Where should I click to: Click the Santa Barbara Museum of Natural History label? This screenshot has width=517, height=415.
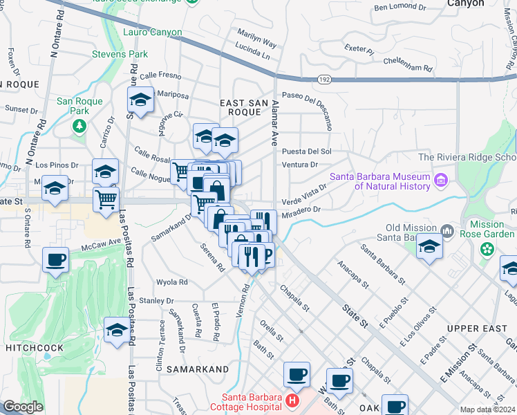[379, 181]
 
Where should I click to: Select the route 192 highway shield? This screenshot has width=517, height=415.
[324, 80]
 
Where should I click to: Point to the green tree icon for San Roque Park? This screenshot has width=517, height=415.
[79, 125]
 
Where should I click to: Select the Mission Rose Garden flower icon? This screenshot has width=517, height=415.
[487, 248]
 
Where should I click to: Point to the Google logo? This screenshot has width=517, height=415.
[23, 407]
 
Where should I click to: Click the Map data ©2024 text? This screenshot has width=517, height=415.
[487, 409]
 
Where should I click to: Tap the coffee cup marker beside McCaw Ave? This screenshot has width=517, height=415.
[56, 260]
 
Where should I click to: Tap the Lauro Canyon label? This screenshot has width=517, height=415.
[152, 33]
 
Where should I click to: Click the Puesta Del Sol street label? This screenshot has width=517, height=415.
[307, 151]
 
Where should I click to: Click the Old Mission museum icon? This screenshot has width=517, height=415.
[446, 229]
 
